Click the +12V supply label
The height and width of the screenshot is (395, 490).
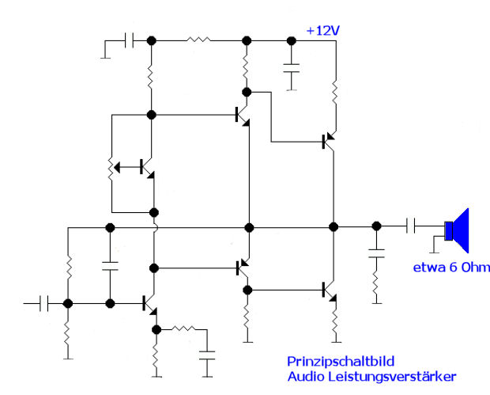click(324, 31)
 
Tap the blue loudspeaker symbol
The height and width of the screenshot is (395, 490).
click(458, 230)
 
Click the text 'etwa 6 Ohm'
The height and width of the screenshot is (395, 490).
click(451, 267)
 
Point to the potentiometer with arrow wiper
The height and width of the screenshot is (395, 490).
click(112, 167)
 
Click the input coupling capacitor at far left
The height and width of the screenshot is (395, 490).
click(47, 303)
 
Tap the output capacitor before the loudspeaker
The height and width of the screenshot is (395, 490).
click(410, 227)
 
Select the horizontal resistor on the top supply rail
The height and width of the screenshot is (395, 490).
click(198, 40)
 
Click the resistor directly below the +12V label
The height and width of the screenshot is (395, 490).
click(335, 93)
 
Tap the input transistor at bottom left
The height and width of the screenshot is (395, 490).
click(149, 302)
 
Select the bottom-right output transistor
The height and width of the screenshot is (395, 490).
click(329, 291)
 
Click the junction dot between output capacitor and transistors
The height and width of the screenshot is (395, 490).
click(376, 227)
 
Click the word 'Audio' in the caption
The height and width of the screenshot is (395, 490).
click(305, 376)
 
